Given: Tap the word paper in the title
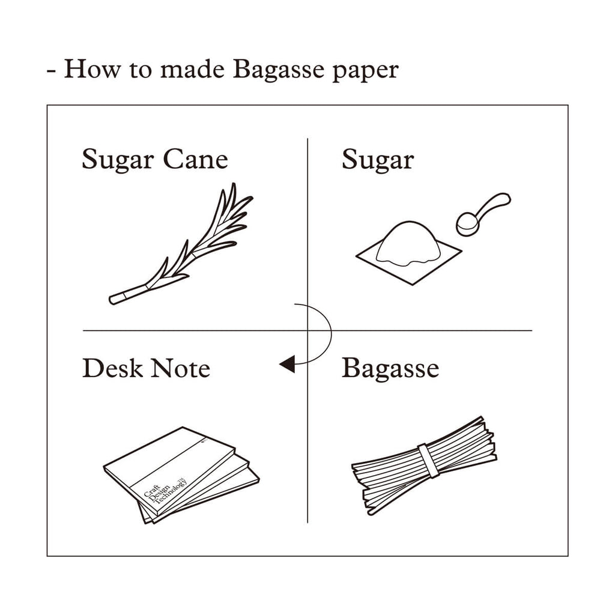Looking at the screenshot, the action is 366,71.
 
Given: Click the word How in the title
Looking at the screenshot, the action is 92,68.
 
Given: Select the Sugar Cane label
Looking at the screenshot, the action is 155,160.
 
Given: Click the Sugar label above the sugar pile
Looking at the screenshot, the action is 378,160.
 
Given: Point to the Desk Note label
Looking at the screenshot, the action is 147,368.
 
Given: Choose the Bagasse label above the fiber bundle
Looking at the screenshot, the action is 390,369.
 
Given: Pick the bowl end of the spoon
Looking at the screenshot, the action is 466,224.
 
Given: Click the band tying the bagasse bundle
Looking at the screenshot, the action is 428,461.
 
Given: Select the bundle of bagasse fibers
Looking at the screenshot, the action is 424,465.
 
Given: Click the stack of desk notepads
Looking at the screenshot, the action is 181,475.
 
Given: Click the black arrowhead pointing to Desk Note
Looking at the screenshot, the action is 287,364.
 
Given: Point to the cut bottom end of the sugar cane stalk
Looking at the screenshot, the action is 112,300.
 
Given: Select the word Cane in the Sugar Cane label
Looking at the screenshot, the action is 195,159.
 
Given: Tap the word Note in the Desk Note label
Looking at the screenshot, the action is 180,368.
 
